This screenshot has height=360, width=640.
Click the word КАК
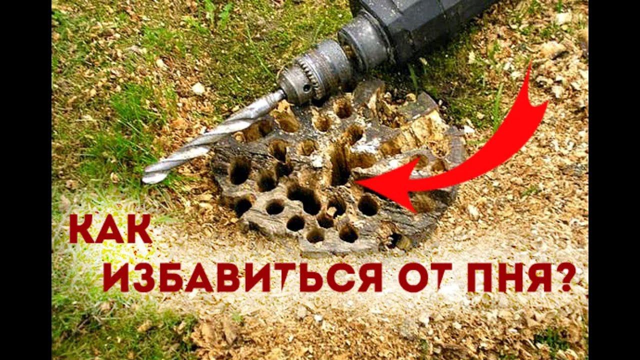click(111, 229)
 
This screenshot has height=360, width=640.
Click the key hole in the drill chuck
click(306, 88)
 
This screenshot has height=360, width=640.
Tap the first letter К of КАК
click(82, 229)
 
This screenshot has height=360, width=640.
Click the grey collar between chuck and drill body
click(363, 43)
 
